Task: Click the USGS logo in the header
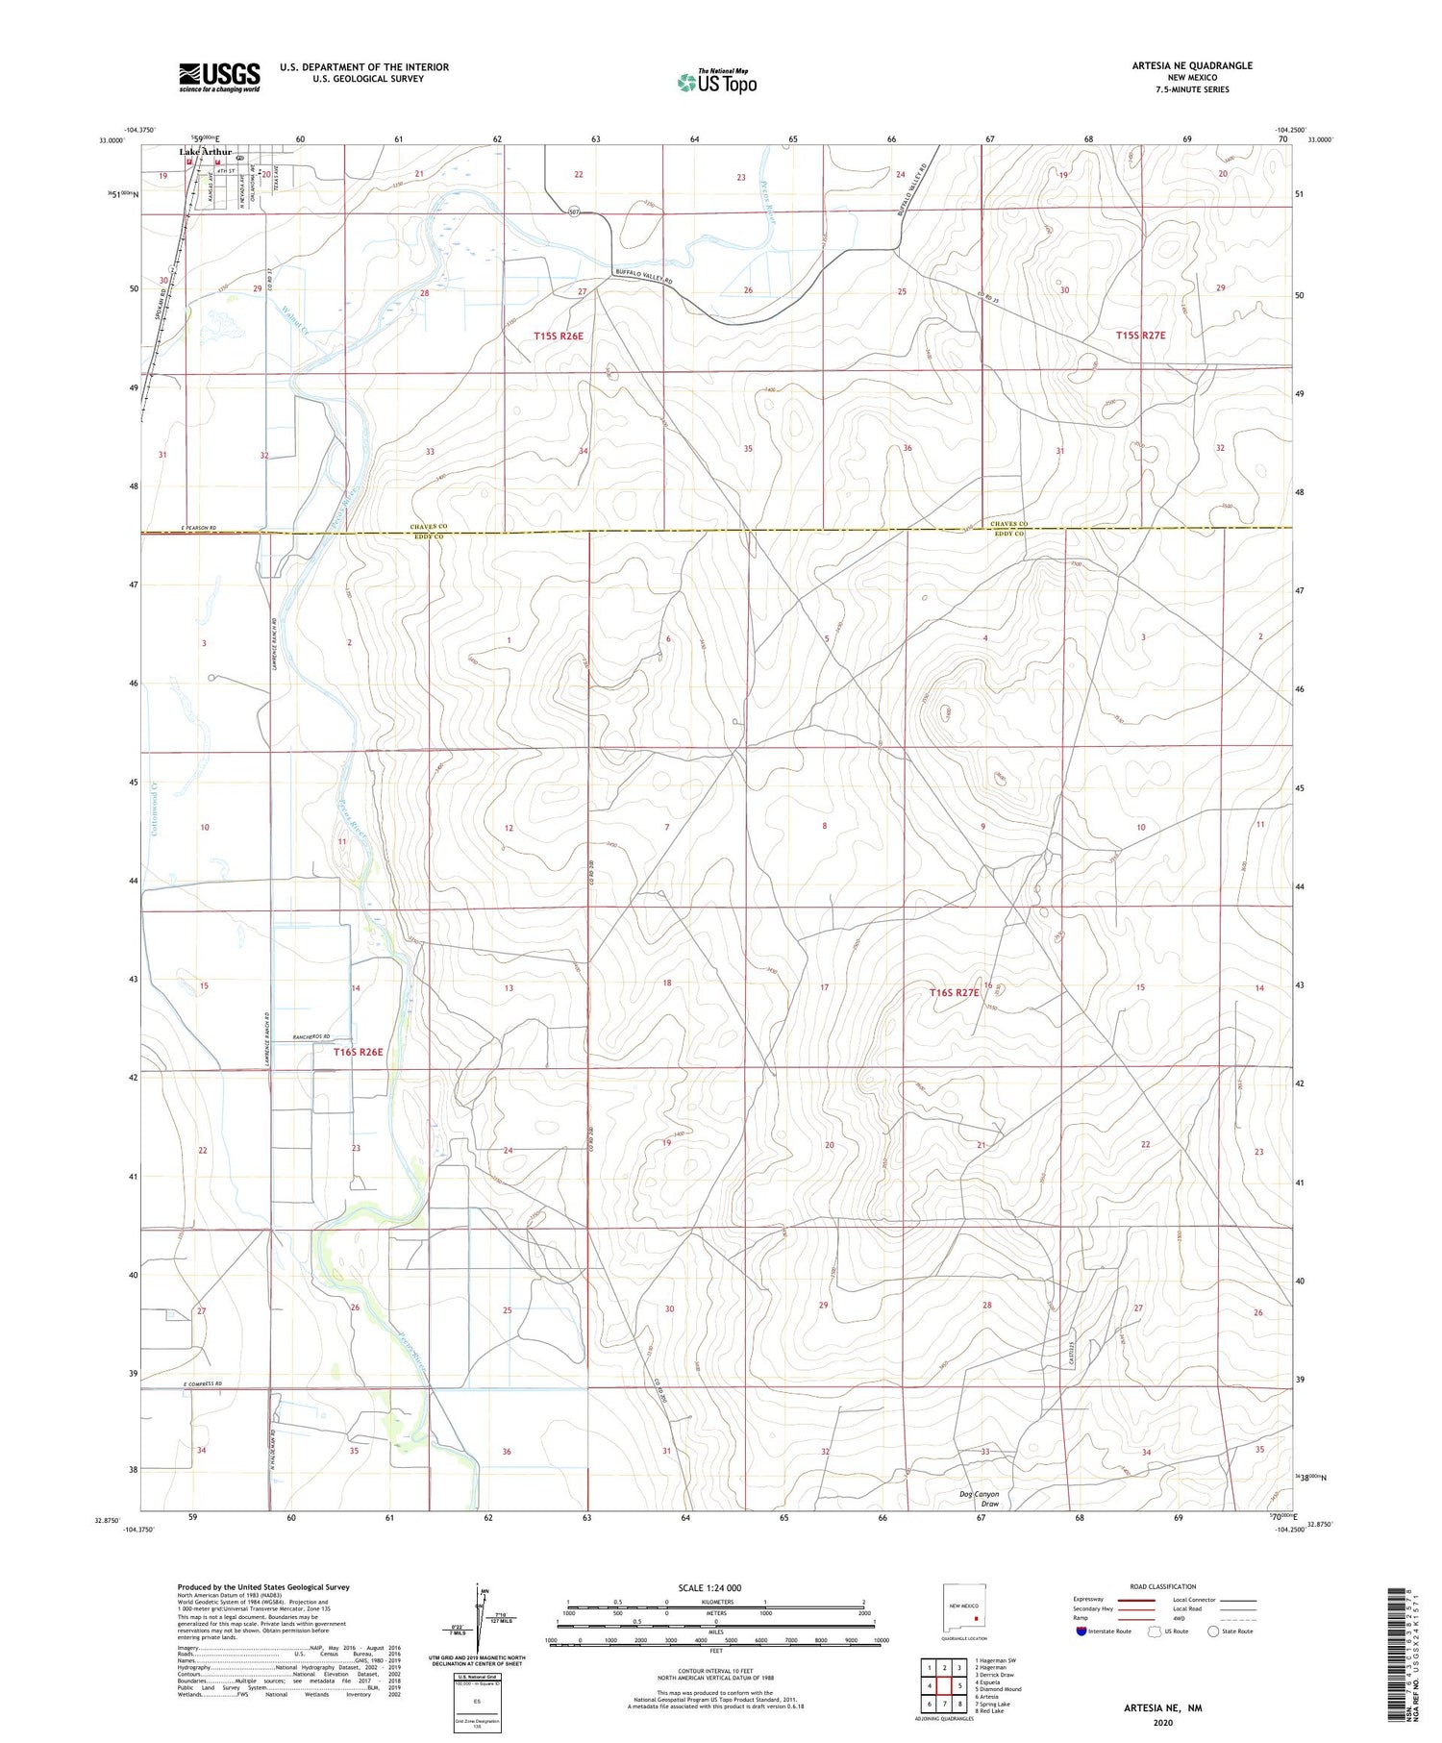coord(219,76)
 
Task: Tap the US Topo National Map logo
coord(716,82)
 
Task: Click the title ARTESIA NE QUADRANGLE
coord(1192,65)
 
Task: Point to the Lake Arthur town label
coord(205,152)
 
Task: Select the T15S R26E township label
coord(559,336)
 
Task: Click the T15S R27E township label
coord(1140,336)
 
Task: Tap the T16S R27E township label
coord(955,992)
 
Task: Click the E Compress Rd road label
coord(202,1383)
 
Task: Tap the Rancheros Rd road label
coord(311,1036)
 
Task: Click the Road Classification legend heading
coord(1162,1586)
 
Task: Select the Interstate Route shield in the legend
coord(1082,1631)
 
